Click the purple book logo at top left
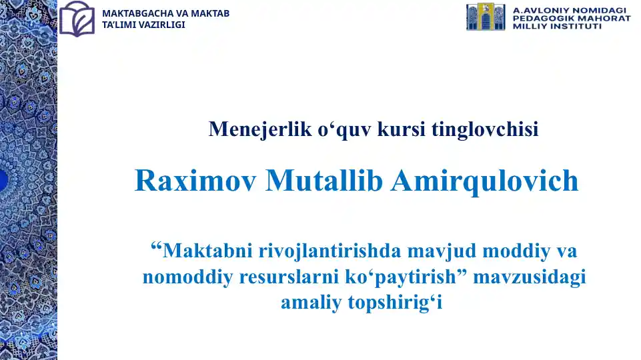pos(77,19)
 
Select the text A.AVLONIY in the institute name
pos(537,11)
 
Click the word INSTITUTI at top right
pos(573,27)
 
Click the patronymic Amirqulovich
pos(484,181)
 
